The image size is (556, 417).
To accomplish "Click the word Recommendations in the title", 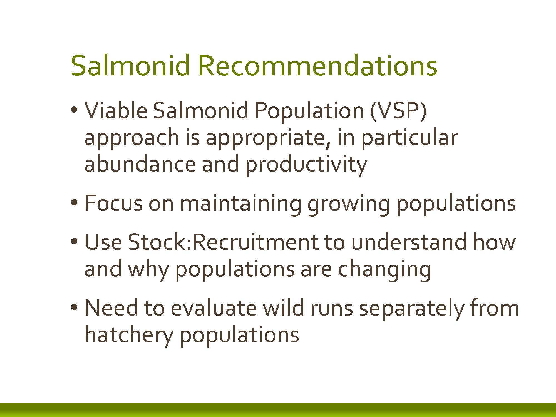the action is (318, 66).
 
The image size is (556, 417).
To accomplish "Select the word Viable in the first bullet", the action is (116, 110).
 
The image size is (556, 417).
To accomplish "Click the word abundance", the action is (140, 164).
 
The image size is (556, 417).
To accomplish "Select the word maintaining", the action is (241, 204).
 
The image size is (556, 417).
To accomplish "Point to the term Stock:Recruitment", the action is (222, 242).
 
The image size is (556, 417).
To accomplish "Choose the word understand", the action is (408, 242).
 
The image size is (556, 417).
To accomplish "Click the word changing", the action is (385, 270).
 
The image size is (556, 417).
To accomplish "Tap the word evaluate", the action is (214, 308).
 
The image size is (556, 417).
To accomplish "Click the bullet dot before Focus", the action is (74, 202).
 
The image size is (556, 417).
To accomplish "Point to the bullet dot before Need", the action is (74, 307).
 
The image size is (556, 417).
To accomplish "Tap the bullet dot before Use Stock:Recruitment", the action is (74, 241).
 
